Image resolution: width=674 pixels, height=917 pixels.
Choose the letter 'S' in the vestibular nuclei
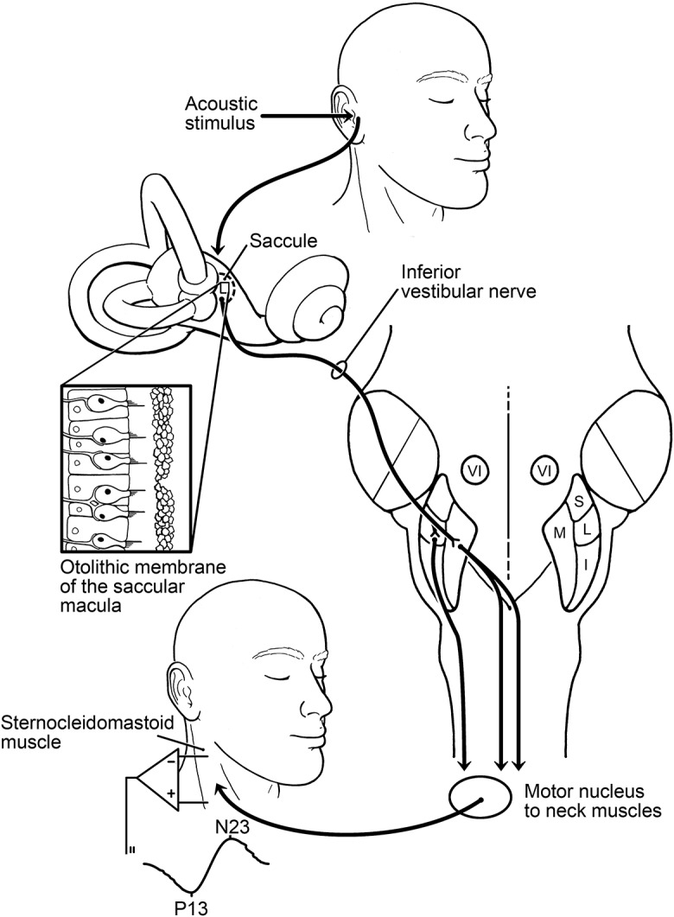pyautogui.click(x=579, y=500)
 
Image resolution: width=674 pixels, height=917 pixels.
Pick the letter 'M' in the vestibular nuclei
pyautogui.click(x=559, y=532)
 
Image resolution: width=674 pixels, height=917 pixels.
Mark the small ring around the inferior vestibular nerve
pyautogui.click(x=338, y=373)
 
